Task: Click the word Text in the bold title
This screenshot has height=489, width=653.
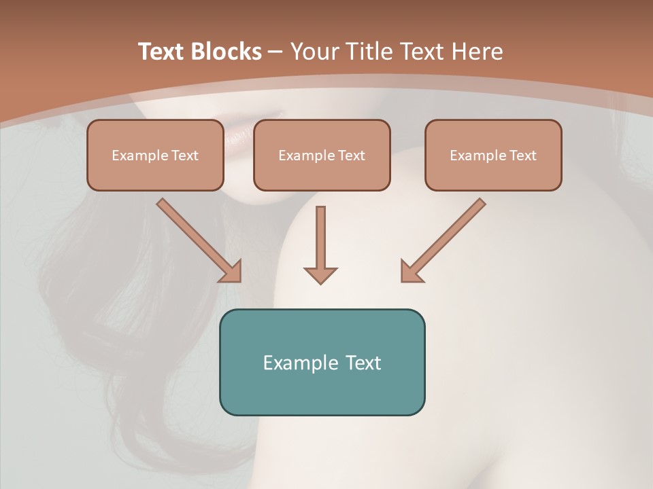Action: pos(161,52)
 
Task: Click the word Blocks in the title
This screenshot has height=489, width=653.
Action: pos(226,52)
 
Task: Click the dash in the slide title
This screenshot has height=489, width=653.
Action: pos(276,52)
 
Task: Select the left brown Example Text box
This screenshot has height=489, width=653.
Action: pos(155,155)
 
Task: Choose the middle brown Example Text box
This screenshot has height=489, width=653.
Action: pos(322,155)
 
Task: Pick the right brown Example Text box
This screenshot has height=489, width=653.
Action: pos(493,155)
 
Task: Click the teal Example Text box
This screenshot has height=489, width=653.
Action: pos(322,362)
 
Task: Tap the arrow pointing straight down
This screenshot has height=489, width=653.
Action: pos(320,244)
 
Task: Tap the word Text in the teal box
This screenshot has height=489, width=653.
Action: pos(364,363)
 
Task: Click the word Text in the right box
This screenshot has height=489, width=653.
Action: pos(523,156)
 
